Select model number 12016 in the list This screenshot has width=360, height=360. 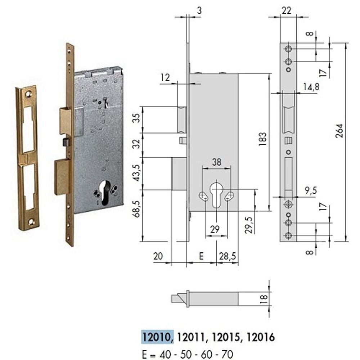click(261, 337)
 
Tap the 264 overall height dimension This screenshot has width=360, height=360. click(339, 131)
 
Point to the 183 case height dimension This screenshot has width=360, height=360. click(262, 139)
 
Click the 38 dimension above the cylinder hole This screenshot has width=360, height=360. click(216, 162)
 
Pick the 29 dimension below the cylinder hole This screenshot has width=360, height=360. click(215, 229)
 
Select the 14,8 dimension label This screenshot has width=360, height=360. click(311, 87)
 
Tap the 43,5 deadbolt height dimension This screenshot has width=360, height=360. click(137, 173)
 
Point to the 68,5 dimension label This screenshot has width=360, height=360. click(137, 209)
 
